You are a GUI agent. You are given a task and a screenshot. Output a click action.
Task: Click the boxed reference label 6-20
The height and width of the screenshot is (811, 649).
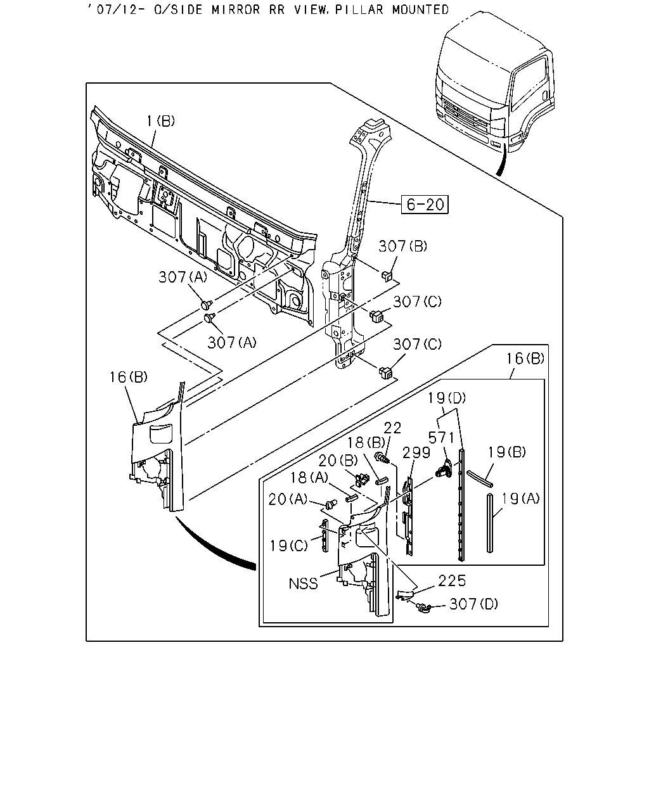click(425, 204)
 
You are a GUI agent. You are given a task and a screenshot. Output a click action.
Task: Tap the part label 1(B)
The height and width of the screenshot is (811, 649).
click(160, 121)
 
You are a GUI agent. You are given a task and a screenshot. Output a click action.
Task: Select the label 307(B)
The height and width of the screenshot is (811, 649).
click(402, 246)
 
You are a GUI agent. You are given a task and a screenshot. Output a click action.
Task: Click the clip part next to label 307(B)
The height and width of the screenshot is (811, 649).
click(387, 276)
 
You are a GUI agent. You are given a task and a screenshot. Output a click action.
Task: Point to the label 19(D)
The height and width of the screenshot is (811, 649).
click(447, 398)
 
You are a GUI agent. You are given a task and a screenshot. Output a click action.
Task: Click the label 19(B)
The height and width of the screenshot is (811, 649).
click(507, 452)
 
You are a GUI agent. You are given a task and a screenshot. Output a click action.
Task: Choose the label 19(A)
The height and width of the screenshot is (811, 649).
click(520, 499)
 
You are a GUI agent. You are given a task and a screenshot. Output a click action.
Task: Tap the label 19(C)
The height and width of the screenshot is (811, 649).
click(289, 546)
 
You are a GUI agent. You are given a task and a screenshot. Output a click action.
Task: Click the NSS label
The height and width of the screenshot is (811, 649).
click(303, 584)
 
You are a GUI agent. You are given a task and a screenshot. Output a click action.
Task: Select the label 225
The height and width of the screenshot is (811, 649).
click(452, 581)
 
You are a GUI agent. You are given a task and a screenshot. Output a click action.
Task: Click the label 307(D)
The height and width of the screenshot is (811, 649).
click(473, 604)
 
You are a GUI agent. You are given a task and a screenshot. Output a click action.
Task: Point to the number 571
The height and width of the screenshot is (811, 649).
click(442, 438)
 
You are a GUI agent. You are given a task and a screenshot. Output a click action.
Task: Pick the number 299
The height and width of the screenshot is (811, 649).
click(416, 452)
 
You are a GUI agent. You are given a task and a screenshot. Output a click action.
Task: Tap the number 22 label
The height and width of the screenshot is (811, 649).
click(392, 428)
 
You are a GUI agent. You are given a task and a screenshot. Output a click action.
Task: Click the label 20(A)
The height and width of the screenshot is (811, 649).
click(288, 499)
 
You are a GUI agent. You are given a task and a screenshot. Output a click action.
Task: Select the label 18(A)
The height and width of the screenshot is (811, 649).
click(309, 478)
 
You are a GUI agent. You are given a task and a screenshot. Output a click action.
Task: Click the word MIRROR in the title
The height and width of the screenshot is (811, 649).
click(236, 10)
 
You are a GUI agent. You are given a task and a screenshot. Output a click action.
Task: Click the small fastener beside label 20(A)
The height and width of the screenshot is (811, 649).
click(331, 503)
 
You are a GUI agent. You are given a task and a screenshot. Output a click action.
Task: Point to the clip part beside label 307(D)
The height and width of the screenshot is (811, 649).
click(423, 607)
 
